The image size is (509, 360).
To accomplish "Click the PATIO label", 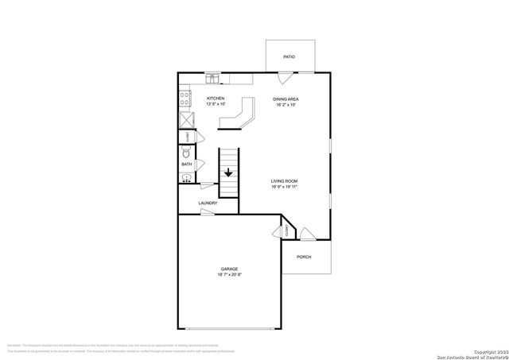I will pos(289,57).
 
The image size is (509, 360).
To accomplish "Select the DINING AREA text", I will pos(286,99).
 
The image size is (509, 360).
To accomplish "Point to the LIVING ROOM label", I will pos(285,182).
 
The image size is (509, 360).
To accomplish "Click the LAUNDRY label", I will pos(208,203).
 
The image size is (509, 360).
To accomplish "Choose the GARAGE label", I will pos(229,269).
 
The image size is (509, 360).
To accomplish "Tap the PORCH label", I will pos(303,257).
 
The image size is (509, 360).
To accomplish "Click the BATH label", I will pos(187,165).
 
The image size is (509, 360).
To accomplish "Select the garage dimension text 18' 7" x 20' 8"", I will pos(229,275).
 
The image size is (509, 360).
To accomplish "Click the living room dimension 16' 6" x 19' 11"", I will pos(285,188).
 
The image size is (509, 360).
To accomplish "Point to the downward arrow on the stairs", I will pos(228,171).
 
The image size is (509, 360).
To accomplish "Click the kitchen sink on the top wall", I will pos(212,78).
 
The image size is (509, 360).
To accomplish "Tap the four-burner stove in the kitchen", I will pos(185,99).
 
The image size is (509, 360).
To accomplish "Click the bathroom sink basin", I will pos(185,178).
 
